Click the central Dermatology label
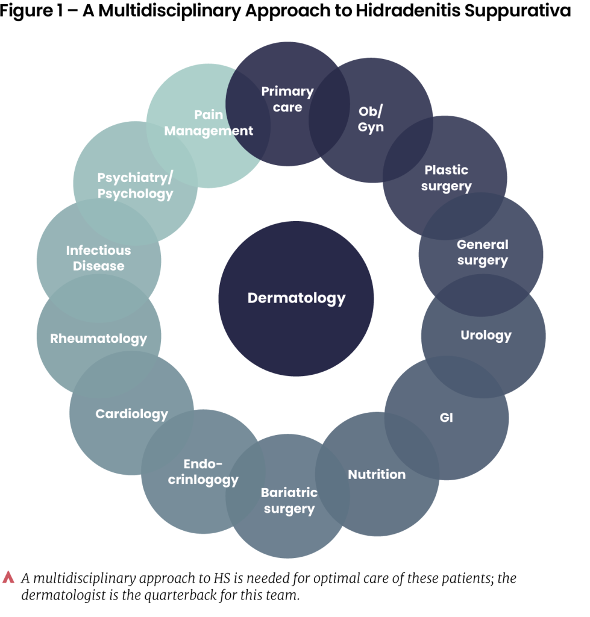coord(297,298)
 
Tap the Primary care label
coord(287,99)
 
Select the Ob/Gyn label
coord(371,119)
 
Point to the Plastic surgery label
coord(446,178)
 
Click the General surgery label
coord(482,252)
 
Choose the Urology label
coord(486,335)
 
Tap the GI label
coord(446,418)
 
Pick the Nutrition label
coord(377,474)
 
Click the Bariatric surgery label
coord(289,501)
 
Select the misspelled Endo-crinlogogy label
coord(203,472)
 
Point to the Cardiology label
coord(131,414)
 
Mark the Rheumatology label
coord(99,338)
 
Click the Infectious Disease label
coord(98,258)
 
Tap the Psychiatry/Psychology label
coord(135,186)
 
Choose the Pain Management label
coord(209,122)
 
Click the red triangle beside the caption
coord(8,577)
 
